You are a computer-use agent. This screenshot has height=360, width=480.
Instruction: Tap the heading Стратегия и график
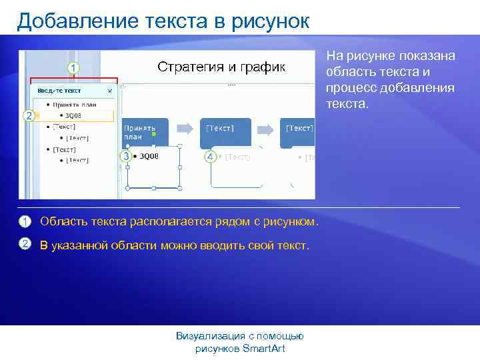point(221,67)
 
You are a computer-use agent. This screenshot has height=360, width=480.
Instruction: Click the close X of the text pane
point(110,90)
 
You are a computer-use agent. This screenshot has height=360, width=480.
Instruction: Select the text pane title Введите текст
point(59,90)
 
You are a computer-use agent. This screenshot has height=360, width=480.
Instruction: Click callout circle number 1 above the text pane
point(73,67)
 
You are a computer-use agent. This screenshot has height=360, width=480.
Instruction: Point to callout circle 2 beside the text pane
point(28,115)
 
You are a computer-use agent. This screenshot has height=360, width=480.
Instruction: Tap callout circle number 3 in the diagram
point(125,156)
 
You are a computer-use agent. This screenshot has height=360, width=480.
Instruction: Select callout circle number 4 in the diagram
point(210,157)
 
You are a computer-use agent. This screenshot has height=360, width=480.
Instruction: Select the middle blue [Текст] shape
point(226,131)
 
